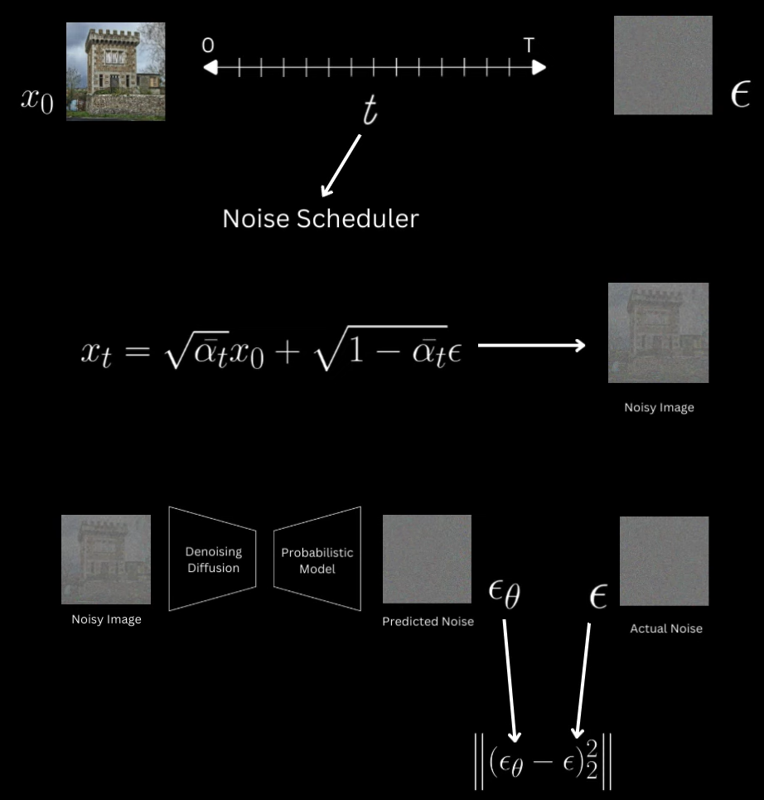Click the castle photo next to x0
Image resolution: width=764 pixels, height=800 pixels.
pyautogui.click(x=115, y=71)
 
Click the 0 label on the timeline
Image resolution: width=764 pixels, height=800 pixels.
pyautogui.click(x=207, y=46)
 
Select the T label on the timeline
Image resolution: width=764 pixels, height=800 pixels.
pyautogui.click(x=529, y=46)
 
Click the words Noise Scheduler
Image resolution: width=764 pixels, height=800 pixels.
pyautogui.click(x=321, y=218)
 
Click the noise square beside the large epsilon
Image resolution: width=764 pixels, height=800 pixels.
pyautogui.click(x=663, y=65)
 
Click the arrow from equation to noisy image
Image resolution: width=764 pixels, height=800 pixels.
pyautogui.click(x=532, y=345)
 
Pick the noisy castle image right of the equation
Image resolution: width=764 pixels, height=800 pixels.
pyautogui.click(x=658, y=332)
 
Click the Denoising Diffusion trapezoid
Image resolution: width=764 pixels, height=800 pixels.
pyautogui.click(x=213, y=559)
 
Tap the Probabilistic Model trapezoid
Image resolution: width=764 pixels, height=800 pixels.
pyautogui.click(x=317, y=560)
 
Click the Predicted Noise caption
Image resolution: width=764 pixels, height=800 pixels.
pyautogui.click(x=428, y=621)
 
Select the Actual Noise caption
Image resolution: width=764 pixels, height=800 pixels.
pyautogui.click(x=666, y=628)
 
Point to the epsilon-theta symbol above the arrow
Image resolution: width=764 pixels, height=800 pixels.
pyautogui.click(x=505, y=595)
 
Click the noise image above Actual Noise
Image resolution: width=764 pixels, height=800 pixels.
pyautogui.click(x=664, y=561)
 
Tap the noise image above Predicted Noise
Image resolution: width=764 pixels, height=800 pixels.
pyautogui.click(x=427, y=559)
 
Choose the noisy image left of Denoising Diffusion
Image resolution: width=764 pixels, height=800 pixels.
pyautogui.click(x=106, y=560)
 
